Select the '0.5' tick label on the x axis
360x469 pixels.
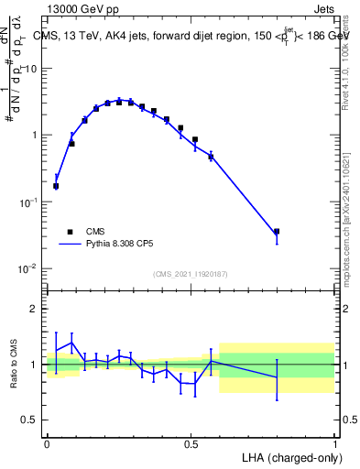coord(191,444)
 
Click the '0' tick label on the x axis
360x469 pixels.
coord(47,444)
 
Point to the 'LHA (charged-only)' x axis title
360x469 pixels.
coord(289,456)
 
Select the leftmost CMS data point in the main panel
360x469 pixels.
coord(56,186)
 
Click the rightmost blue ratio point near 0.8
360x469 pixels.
coord(277,377)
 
